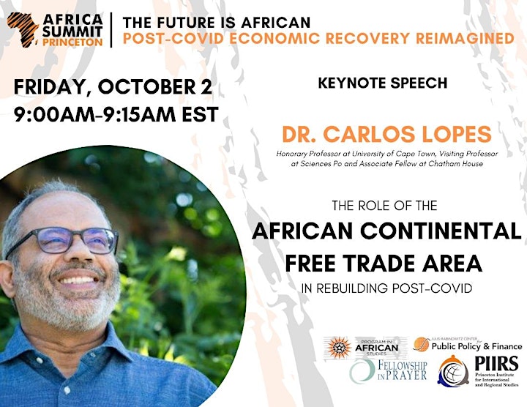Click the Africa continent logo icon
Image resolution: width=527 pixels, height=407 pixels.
tap(23, 29)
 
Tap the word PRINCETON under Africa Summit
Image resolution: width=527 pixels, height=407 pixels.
tap(72, 42)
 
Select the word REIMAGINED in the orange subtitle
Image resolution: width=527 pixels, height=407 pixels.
tap(465, 38)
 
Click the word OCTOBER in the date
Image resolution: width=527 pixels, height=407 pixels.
tap(146, 86)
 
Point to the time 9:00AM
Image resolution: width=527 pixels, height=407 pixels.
tap(54, 114)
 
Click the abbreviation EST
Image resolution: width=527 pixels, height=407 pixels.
tap(200, 114)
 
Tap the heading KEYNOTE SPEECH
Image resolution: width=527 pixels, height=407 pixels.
tap(383, 83)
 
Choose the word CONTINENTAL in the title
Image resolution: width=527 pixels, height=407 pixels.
tap(441, 231)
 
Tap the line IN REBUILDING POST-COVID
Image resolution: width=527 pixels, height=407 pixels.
tap(386, 288)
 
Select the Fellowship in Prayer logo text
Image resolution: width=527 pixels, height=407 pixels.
tap(403, 370)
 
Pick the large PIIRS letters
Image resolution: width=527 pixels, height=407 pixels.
tap(496, 364)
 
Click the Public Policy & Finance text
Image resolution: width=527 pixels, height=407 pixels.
tap(476, 346)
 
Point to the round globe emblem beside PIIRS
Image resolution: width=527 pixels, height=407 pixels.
tap(453, 371)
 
